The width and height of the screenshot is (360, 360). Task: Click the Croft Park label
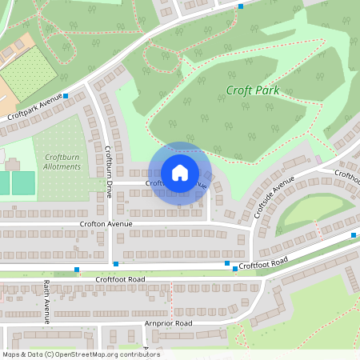pos(252,90)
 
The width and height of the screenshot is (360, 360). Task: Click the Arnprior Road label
pos(168,323)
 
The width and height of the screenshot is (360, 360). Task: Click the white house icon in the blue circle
pos(179,173)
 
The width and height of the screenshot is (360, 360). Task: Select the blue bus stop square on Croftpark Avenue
pos(66,96)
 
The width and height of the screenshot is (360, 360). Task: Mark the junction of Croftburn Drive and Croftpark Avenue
pos(87,86)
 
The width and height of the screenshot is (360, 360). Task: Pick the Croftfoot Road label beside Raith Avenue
pos(120,278)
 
